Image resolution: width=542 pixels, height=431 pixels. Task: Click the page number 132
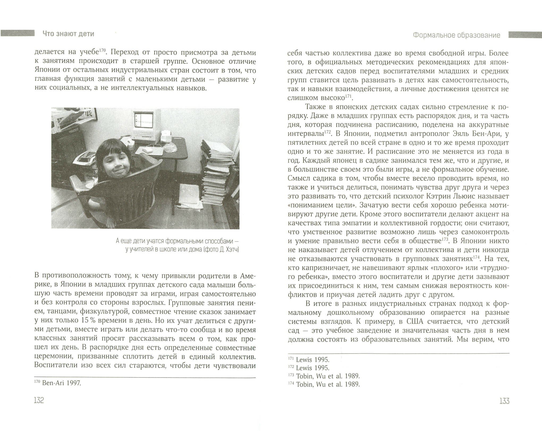[39, 400]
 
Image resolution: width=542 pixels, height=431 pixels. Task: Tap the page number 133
[504, 401]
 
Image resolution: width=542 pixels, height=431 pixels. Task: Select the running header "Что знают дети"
[69, 34]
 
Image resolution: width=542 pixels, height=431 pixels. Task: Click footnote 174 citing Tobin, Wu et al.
[324, 384]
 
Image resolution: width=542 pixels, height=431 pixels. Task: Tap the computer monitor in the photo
[143, 122]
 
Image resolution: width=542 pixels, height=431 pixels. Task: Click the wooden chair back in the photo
[117, 186]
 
